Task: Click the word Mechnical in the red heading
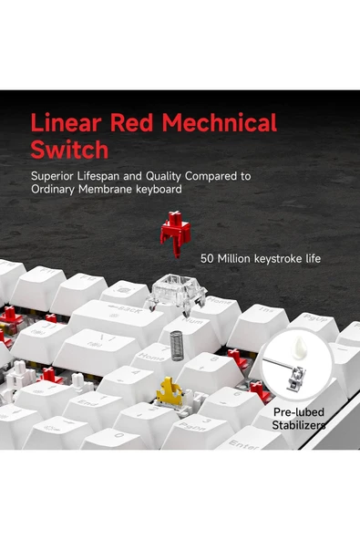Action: pos(219,122)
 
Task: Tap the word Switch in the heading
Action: pos(69,149)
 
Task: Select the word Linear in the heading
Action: pos(67,122)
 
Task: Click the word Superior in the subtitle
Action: pos(52,176)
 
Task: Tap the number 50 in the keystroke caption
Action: pos(207,258)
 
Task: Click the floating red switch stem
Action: pos(176,233)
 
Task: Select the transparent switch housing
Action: pos(176,294)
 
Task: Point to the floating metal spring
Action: pos(176,346)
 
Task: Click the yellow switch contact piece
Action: pos(170,391)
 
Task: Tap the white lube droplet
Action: pos(298,348)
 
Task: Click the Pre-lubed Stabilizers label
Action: pos(298,419)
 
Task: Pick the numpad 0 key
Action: pos(117,439)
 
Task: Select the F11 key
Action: pos(38,287)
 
